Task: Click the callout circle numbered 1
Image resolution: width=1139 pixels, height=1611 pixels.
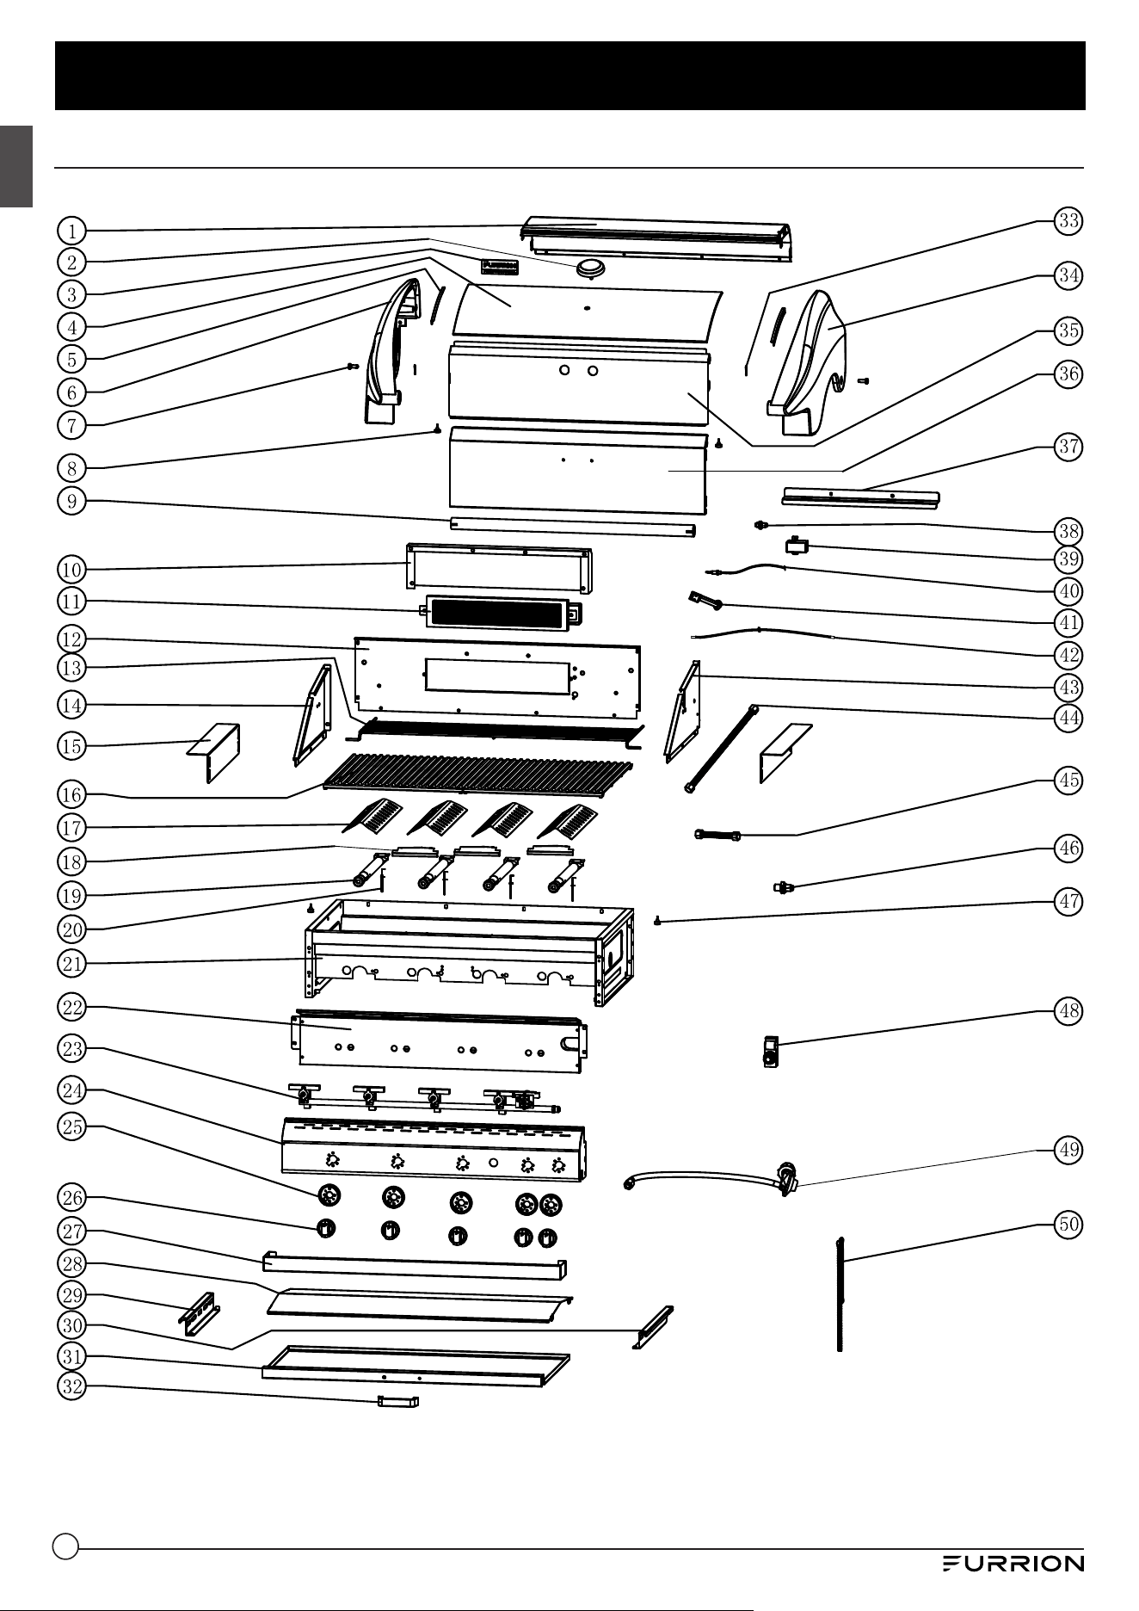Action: pyautogui.click(x=72, y=231)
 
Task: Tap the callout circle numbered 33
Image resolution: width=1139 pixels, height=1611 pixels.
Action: pyautogui.click(x=1068, y=220)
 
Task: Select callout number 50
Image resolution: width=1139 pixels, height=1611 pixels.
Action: pyautogui.click(x=1068, y=1224)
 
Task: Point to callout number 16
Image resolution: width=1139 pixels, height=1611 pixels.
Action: pyautogui.click(x=72, y=794)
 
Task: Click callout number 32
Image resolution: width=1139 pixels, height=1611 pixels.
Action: pyautogui.click(x=72, y=1386)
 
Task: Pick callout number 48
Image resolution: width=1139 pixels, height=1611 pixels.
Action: pyautogui.click(x=1068, y=1010)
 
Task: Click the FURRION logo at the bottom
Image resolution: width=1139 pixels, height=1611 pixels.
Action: pyautogui.click(x=1013, y=1564)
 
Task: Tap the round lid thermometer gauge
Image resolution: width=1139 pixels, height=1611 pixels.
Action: pyautogui.click(x=590, y=268)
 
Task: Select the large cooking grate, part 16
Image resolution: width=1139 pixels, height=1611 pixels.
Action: pyautogui.click(x=477, y=772)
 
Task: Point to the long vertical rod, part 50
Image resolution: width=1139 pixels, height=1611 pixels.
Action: pyautogui.click(x=840, y=1294)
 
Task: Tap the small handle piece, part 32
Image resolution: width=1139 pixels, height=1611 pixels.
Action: pyautogui.click(x=397, y=1402)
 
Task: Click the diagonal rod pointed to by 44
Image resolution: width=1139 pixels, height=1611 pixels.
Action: pyautogui.click(x=722, y=749)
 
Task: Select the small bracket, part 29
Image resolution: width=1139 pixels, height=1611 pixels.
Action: pyautogui.click(x=200, y=1313)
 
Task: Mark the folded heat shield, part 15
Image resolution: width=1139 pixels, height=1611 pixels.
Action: pyautogui.click(x=214, y=751)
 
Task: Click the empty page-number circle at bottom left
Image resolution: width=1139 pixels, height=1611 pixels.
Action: pyautogui.click(x=65, y=1546)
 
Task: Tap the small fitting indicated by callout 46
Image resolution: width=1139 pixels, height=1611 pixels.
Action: pyautogui.click(x=784, y=886)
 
